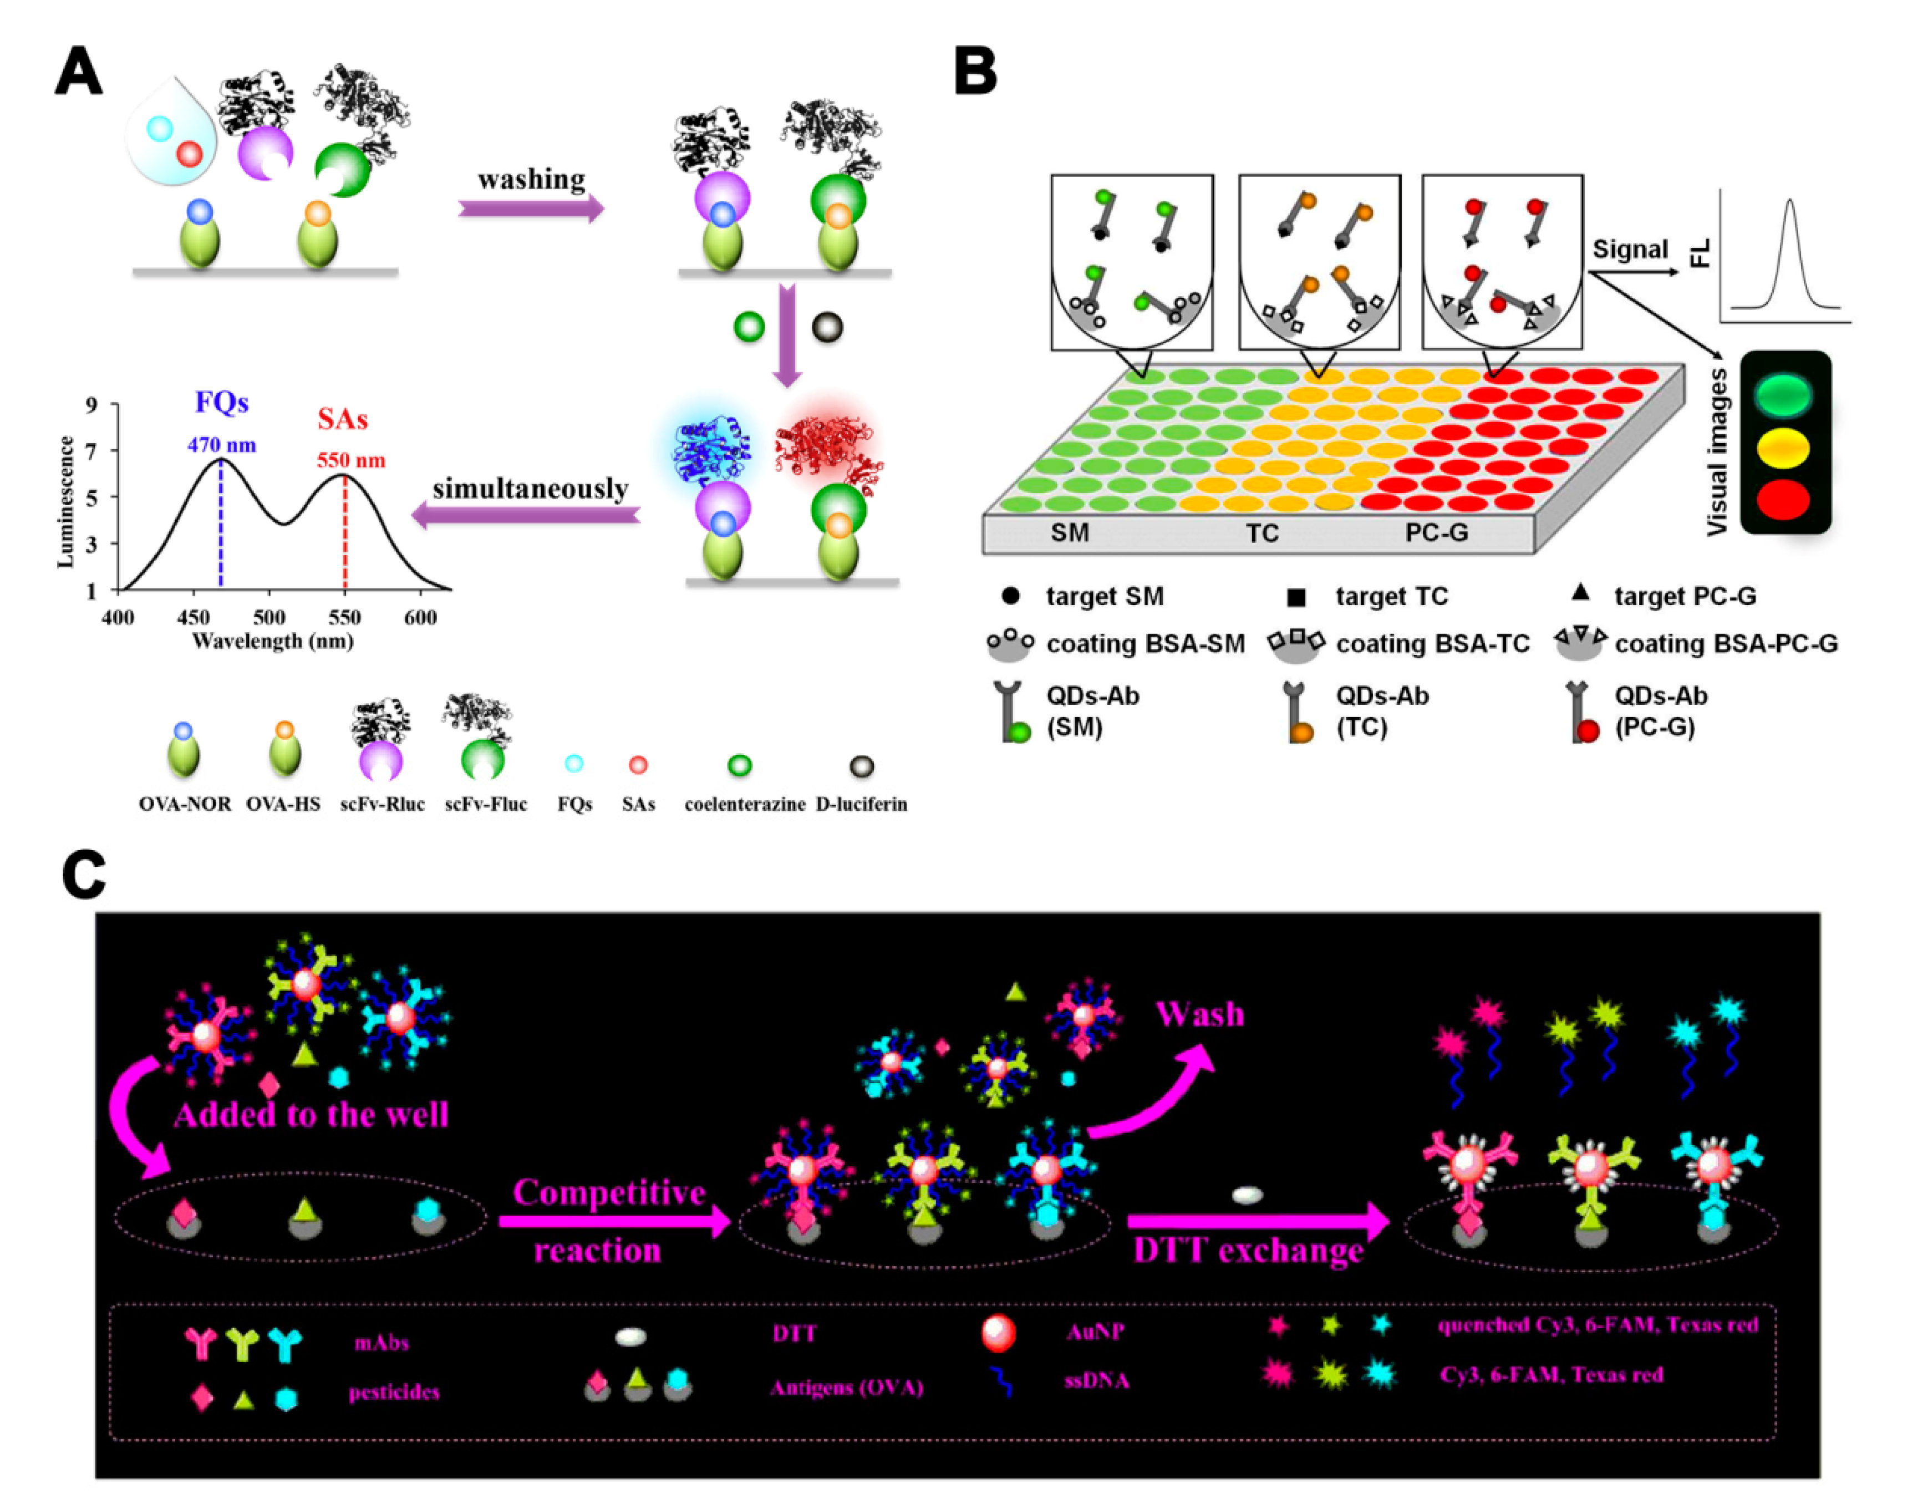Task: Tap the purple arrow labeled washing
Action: point(531,210)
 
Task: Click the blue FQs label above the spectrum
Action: point(222,403)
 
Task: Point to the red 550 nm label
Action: point(350,460)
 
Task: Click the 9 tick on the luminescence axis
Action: point(91,405)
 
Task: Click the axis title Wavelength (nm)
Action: point(273,641)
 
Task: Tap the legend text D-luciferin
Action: point(861,804)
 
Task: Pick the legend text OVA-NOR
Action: point(185,804)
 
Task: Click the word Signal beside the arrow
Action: point(1630,250)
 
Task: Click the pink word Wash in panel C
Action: point(1199,1014)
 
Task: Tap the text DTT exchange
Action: point(1248,1250)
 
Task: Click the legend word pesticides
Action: point(394,1393)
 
